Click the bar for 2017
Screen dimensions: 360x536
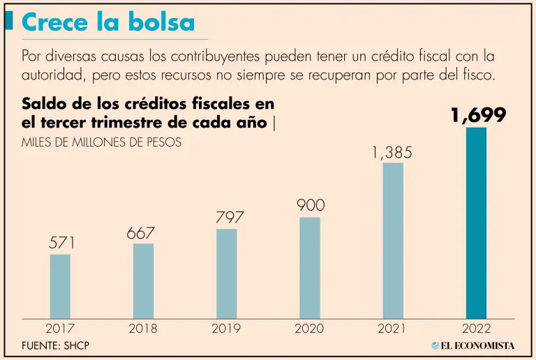(x=60, y=286)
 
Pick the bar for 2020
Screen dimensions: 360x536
(x=310, y=268)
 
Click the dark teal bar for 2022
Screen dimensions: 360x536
(x=476, y=223)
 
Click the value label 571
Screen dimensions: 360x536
(x=61, y=243)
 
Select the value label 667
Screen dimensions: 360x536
(x=140, y=233)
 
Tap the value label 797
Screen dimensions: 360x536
(x=230, y=218)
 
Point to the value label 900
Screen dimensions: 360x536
(x=311, y=206)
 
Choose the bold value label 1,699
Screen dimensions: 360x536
(x=478, y=116)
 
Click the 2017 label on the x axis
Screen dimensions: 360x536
(x=60, y=329)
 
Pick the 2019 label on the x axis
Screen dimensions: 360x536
(x=226, y=329)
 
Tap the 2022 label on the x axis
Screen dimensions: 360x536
(x=476, y=329)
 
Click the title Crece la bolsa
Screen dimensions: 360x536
(x=108, y=22)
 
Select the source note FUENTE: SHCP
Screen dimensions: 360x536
(x=55, y=346)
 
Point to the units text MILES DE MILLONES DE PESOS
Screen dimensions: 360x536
(x=102, y=142)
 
